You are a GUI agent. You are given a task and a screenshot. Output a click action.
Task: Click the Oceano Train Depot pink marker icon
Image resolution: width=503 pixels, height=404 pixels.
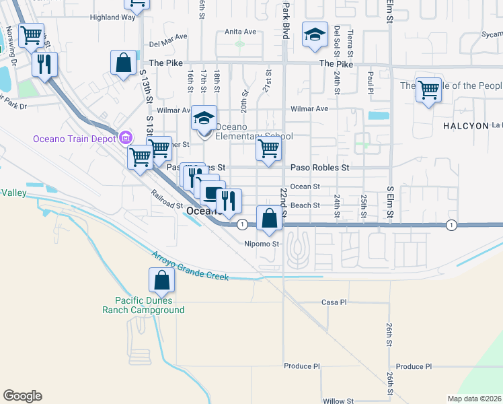pyautogui.click(x=124, y=139)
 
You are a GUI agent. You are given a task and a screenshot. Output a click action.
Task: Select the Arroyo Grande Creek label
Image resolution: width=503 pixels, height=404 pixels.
pyautogui.click(x=190, y=267)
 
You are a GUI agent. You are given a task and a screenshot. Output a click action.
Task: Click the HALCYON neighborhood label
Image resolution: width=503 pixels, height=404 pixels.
pyautogui.click(x=463, y=126)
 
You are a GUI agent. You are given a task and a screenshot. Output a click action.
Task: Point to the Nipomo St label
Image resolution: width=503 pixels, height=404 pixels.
pyautogui.click(x=261, y=244)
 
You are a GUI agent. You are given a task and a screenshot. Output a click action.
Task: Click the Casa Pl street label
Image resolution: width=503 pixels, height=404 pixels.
pyautogui.click(x=334, y=302)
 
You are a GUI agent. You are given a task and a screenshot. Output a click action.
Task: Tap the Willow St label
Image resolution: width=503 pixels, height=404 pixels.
pyautogui.click(x=338, y=401)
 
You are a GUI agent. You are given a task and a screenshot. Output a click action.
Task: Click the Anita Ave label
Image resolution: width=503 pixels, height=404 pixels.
pyautogui.click(x=241, y=32)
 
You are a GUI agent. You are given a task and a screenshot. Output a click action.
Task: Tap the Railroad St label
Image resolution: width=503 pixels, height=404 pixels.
pyautogui.click(x=167, y=204)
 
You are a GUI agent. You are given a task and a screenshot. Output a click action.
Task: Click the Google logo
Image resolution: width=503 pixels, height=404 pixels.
pyautogui.click(x=22, y=396)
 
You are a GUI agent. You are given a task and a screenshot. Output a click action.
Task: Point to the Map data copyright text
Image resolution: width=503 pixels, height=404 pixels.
pyautogui.click(x=475, y=399)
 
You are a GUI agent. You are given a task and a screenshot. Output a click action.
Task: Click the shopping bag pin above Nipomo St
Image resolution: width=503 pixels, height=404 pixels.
pyautogui.click(x=269, y=218)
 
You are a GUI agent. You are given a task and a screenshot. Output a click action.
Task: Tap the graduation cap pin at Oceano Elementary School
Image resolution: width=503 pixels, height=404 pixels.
pyautogui.click(x=204, y=118)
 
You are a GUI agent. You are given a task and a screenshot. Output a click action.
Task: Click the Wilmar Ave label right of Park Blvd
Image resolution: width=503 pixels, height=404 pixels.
pyautogui.click(x=309, y=108)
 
